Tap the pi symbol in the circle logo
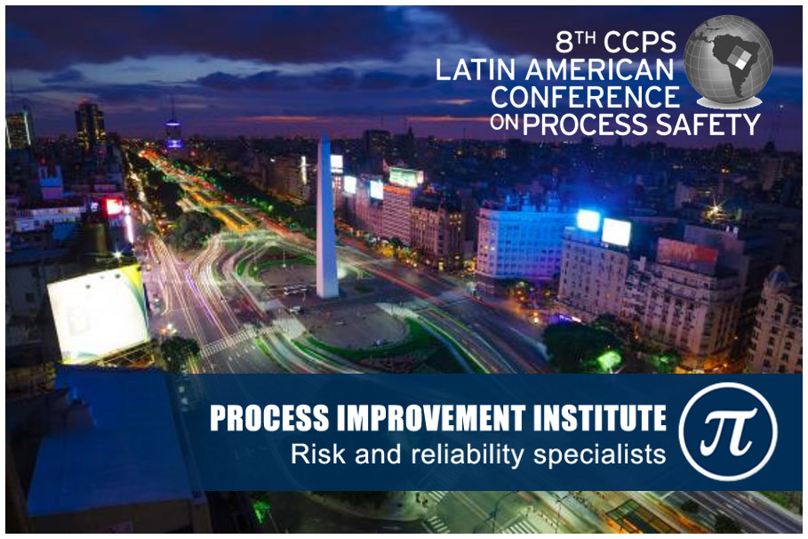pyautogui.click(x=727, y=430)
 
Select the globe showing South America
pyautogui.click(x=728, y=60)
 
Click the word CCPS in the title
pyautogui.click(x=639, y=43)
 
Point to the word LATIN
pyautogui.click(x=476, y=69)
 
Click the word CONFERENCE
pyautogui.click(x=586, y=97)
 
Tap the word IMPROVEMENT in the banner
pyautogui.click(x=431, y=418)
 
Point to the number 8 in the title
pyautogui.click(x=564, y=43)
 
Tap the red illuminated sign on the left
pyautogui.click(x=114, y=206)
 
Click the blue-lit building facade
pyautogui.click(x=521, y=243)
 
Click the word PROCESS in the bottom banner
pyautogui.click(x=269, y=418)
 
